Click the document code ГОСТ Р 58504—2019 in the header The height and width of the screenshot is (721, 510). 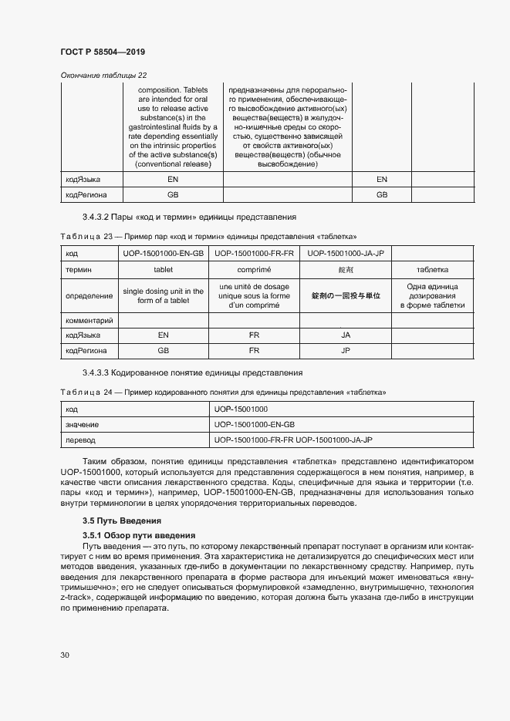click(102, 52)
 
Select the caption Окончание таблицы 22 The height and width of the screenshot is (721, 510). click(103, 75)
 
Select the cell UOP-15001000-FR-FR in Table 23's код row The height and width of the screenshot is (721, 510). click(254, 253)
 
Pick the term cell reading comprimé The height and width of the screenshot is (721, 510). click(254, 270)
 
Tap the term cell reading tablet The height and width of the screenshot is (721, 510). click(163, 270)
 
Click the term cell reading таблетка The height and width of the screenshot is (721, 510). click(433, 270)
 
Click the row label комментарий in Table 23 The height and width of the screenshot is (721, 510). click(90, 320)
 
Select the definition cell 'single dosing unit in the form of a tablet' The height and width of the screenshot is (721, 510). click(163, 295)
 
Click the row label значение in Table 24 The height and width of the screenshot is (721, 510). click(83, 424)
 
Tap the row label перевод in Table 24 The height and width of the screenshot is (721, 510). click(81, 440)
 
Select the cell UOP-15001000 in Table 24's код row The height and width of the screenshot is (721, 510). click(241, 409)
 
